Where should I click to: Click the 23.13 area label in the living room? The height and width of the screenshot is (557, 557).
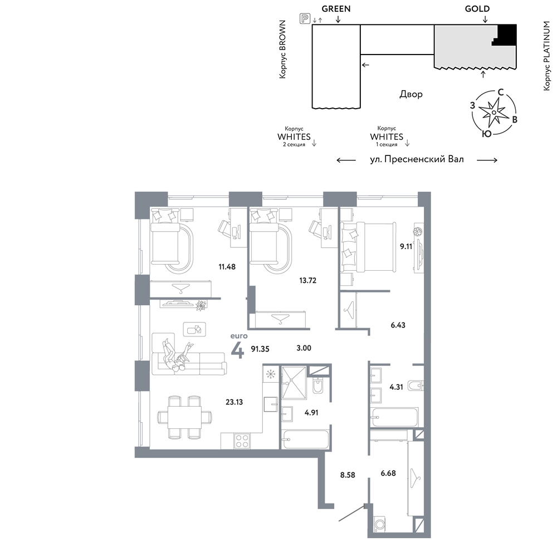click(234, 402)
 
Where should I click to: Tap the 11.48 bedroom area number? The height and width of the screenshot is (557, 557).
click(227, 267)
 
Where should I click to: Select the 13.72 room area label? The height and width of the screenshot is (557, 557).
click(307, 281)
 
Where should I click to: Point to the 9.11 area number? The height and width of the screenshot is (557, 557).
click(406, 246)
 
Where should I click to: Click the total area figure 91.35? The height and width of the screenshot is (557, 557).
click(260, 349)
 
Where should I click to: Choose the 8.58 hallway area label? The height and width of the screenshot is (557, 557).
click(348, 475)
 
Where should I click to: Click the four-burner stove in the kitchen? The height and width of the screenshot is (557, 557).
click(242, 442)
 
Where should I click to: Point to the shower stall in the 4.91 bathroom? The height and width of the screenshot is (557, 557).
click(294, 383)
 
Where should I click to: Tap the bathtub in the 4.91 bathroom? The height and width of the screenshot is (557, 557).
click(305, 440)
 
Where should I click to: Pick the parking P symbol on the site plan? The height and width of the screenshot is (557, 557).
click(305, 18)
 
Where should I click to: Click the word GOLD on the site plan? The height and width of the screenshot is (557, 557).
click(477, 9)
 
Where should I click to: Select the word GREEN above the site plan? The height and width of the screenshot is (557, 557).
click(336, 9)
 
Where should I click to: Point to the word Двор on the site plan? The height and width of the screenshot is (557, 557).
click(411, 94)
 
